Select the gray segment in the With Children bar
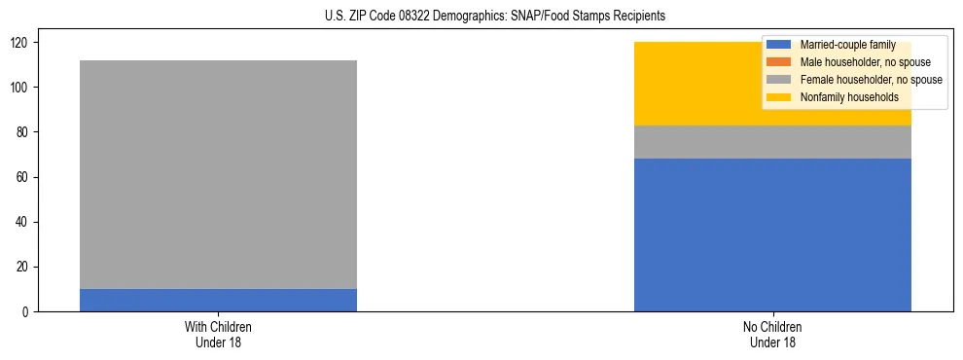point(218,174)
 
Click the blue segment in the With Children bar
point(218,300)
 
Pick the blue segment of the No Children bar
point(772,234)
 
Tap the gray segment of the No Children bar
point(772,142)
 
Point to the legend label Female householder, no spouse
point(871,80)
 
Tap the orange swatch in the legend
point(779,62)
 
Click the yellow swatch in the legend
point(779,97)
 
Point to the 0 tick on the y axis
point(28,311)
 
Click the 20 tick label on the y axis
point(25,267)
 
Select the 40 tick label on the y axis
point(25,222)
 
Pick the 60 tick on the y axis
point(25,177)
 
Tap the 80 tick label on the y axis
point(25,132)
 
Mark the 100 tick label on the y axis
point(22,88)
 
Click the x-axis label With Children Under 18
point(218,334)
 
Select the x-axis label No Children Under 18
point(772,334)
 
